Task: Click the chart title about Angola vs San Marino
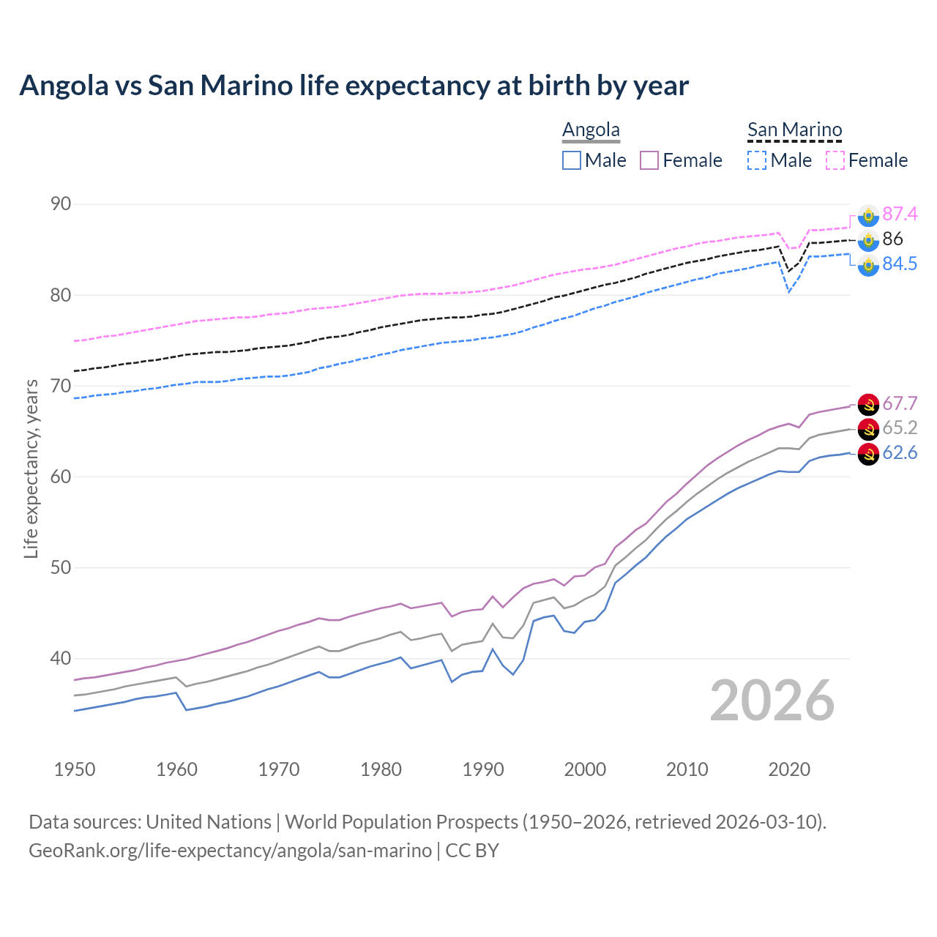(x=354, y=86)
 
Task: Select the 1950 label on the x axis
(x=75, y=769)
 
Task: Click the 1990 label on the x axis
(x=483, y=769)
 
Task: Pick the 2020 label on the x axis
(x=789, y=769)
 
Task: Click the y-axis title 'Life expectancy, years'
(x=31, y=468)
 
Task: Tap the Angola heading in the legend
(x=591, y=130)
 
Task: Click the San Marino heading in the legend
(x=794, y=130)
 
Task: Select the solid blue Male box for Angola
(x=572, y=160)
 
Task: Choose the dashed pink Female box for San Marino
(x=835, y=160)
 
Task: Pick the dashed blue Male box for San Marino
(x=757, y=160)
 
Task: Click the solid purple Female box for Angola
(x=649, y=160)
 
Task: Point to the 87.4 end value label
(x=900, y=214)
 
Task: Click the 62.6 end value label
(x=900, y=453)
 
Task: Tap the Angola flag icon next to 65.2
(x=868, y=428)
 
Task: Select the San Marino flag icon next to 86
(x=868, y=239)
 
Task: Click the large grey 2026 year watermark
(x=772, y=701)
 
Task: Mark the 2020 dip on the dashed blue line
(x=789, y=292)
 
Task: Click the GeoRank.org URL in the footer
(x=230, y=851)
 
